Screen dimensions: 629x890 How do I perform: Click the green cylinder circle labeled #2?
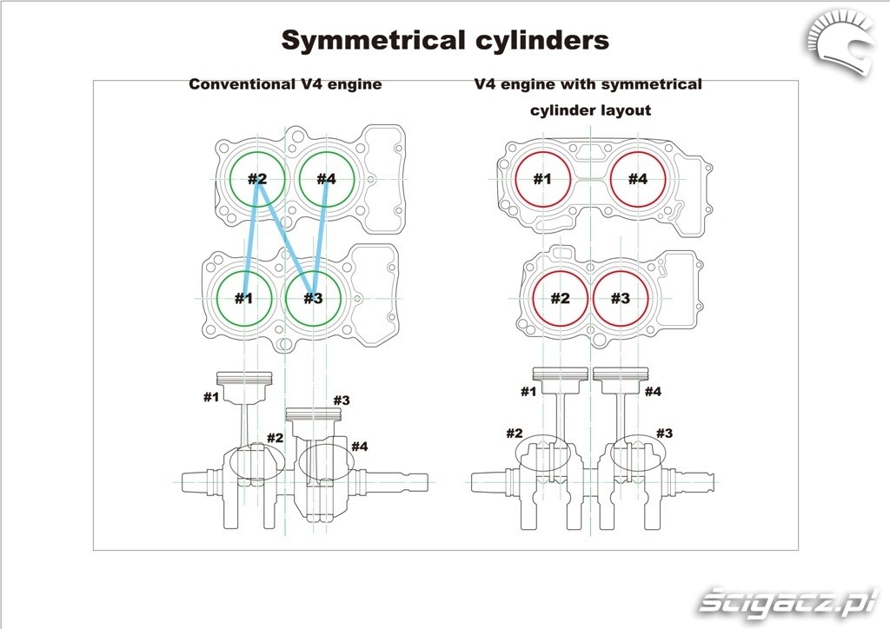[257, 180]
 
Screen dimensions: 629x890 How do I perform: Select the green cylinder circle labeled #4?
[327, 180]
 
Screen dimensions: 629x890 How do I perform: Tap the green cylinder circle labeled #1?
[244, 298]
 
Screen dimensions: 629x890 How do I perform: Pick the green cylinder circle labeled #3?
[314, 298]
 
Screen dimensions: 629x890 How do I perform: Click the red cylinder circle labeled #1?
[542, 180]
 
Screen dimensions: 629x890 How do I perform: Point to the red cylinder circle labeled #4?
[638, 180]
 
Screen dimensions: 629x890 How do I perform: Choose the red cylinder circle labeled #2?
[561, 298]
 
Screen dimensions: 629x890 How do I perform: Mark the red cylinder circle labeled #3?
[621, 298]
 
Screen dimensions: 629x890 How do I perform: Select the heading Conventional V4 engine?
[285, 84]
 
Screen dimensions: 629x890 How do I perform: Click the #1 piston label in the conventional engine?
[211, 397]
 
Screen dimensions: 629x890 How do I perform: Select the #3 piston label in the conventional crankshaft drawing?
[341, 401]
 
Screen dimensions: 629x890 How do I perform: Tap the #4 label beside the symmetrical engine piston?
[653, 392]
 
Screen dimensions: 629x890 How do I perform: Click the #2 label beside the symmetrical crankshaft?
[515, 433]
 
